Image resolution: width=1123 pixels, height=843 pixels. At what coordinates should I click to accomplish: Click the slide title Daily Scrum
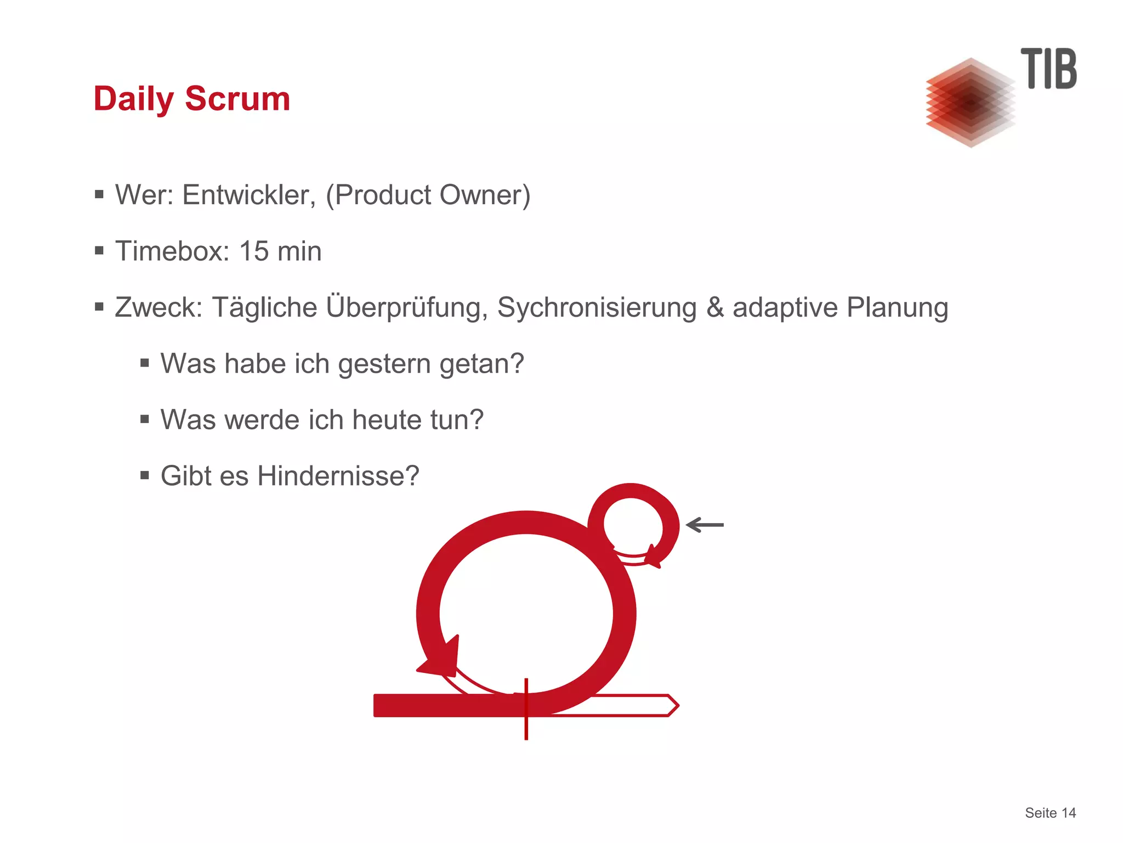point(191,99)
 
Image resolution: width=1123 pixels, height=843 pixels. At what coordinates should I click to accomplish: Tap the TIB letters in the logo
point(1048,69)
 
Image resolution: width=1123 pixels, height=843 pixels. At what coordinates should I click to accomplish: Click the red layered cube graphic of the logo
point(970,103)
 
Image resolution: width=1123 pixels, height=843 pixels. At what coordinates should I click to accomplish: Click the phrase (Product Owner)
point(428,195)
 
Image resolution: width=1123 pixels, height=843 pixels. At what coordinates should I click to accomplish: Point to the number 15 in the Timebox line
point(254,251)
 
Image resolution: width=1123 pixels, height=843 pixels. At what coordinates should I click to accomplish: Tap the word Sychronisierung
point(597,307)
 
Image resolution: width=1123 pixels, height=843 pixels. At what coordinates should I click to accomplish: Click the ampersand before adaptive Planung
point(714,307)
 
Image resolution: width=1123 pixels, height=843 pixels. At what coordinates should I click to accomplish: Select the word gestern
point(384,364)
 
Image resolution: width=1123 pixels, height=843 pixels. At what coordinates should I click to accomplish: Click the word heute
point(387,420)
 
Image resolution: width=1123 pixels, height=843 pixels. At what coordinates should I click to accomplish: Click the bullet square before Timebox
point(99,251)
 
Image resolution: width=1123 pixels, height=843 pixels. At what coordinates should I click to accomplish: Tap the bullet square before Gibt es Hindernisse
point(145,475)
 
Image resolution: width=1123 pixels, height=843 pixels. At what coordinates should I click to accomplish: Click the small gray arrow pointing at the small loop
point(705,525)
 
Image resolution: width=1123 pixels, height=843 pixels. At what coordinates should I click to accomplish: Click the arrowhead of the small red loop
point(653,558)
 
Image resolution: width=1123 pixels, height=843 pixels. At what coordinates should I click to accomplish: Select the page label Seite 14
point(1050,813)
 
